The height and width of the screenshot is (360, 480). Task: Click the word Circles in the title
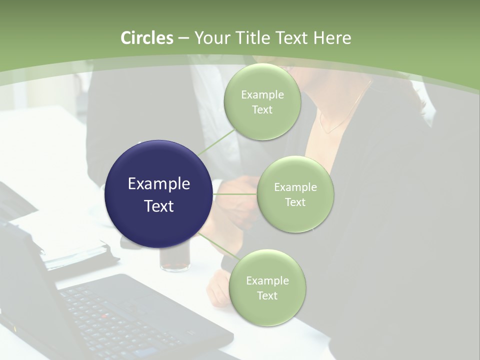tap(146, 38)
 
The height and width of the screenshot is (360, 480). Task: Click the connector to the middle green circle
tap(234, 194)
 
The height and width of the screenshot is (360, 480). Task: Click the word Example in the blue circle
tap(159, 184)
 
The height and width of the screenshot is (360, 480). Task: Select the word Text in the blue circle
tap(159, 206)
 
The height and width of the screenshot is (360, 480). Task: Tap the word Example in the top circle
tap(262, 95)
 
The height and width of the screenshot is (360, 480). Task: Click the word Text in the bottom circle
tap(267, 296)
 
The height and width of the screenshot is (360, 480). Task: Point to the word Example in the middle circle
tap(295, 187)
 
